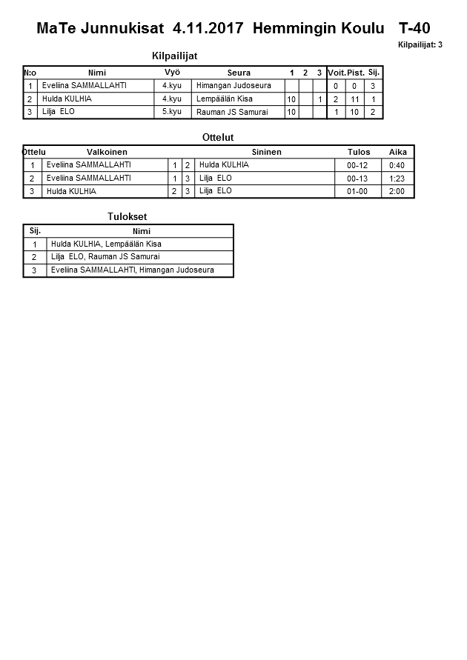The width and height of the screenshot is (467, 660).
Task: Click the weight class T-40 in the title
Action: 414,29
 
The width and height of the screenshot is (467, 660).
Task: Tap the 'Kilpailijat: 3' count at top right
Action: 420,45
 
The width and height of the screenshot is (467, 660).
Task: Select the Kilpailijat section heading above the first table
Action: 174,56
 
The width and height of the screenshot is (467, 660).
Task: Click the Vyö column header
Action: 172,73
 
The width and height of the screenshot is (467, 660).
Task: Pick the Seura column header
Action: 239,73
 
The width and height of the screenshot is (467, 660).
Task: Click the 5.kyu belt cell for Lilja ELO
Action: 172,112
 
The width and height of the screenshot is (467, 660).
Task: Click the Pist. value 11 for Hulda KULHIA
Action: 355,99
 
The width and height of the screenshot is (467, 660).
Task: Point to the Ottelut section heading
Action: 218,137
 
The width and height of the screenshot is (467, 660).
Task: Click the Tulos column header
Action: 359,152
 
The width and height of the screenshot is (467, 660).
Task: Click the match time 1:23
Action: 397,179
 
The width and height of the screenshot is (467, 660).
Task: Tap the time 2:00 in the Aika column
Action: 397,191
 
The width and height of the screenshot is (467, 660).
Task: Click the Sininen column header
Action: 266,152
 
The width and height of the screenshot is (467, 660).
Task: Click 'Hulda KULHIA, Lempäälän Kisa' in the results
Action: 106,244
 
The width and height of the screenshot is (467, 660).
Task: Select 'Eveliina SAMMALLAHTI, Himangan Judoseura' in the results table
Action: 133,270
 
